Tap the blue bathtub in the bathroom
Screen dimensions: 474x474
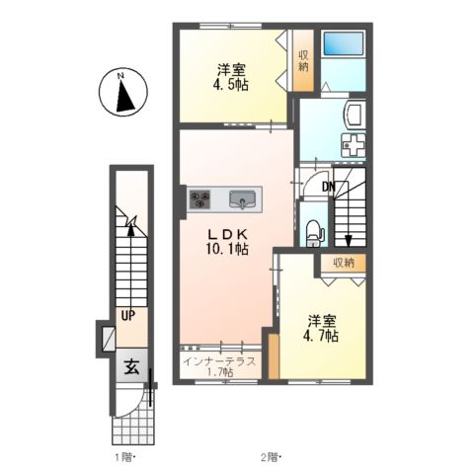[x=344, y=45]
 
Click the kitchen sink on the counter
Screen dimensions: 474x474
[x=242, y=200]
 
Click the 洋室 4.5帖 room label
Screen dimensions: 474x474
[x=233, y=77]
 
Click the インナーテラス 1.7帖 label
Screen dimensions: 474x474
[x=219, y=365]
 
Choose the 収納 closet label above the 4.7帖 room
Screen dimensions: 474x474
[x=343, y=263]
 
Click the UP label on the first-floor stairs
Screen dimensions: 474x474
[x=127, y=316]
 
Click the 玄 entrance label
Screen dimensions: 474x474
[x=130, y=365]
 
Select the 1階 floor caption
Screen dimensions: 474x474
[x=123, y=457]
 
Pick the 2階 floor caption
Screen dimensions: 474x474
[x=271, y=457]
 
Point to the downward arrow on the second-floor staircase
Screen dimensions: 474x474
[x=347, y=236]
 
